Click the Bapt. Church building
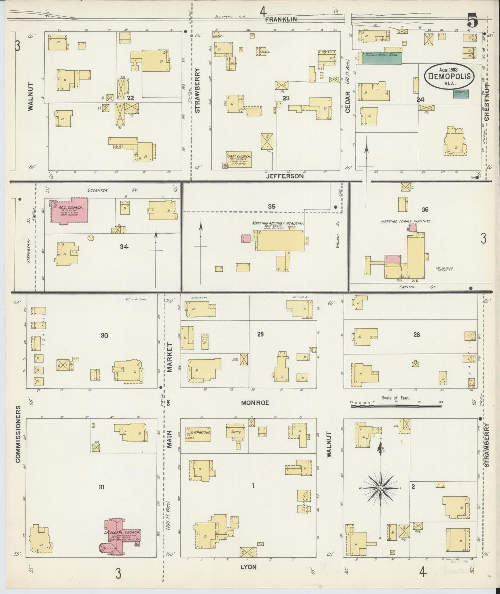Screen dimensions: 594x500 click(239, 159)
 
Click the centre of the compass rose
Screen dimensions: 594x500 click(381, 488)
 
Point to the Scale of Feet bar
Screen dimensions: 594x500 click(397, 405)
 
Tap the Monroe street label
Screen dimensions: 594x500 click(255, 403)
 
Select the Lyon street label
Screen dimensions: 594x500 click(249, 567)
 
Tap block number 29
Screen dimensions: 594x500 click(260, 334)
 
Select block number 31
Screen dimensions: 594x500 click(101, 487)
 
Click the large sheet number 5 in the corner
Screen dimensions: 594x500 click(472, 21)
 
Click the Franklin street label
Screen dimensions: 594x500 click(281, 20)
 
